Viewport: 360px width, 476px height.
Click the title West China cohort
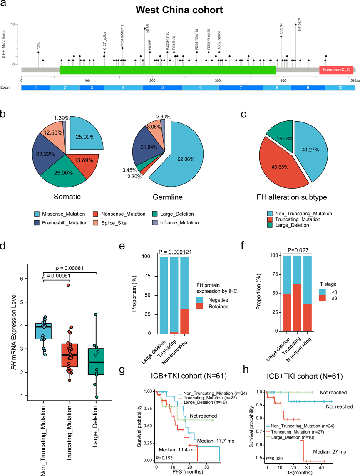179,10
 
